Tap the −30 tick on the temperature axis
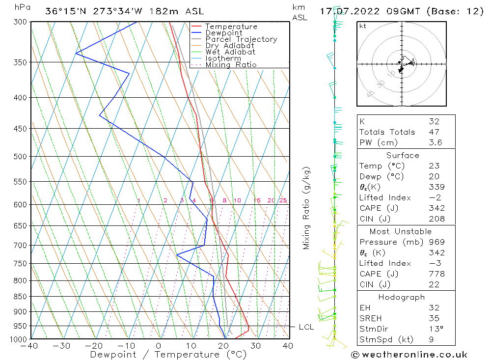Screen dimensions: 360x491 coord(62,346)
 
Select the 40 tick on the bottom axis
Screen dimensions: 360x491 coord(288,346)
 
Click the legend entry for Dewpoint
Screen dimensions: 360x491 coord(223,33)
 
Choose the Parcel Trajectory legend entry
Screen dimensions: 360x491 coord(241,39)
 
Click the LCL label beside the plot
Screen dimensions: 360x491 coord(306,327)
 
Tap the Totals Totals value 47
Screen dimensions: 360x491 coord(434,132)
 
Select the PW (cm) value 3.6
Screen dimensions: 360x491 coord(436,143)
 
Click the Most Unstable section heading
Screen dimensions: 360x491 coord(401,231)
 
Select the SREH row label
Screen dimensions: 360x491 coord(370,318)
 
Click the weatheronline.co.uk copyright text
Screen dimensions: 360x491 coord(409,355)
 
